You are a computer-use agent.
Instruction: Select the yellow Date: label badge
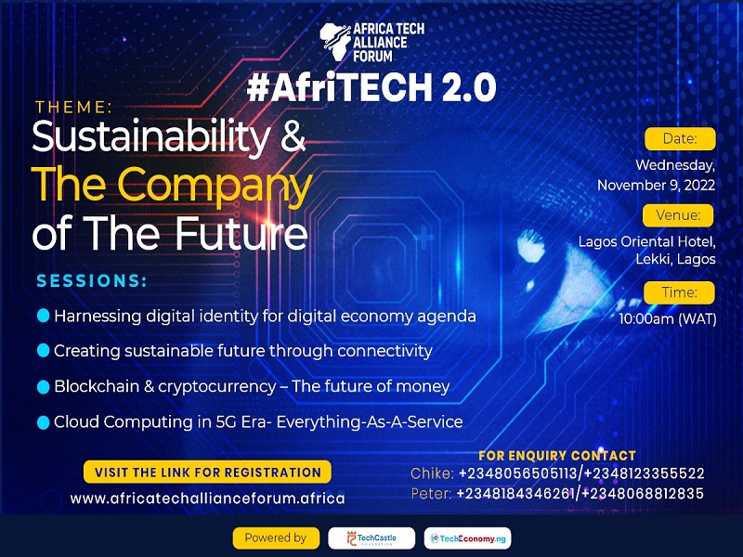point(680,139)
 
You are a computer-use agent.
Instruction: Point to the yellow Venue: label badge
point(680,216)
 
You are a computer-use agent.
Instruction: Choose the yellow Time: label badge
point(680,292)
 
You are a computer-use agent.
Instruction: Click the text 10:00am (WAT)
point(668,318)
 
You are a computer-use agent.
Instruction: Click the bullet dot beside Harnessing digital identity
point(43,316)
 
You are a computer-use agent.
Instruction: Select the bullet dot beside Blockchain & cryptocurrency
point(43,386)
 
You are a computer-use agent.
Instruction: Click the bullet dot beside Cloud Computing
point(43,421)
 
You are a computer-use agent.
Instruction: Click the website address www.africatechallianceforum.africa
point(208,498)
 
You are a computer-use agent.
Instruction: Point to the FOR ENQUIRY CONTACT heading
point(557,456)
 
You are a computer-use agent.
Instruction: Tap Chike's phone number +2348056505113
point(515,473)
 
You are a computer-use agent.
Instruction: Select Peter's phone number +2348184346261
point(514,493)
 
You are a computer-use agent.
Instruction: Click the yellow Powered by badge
point(275,538)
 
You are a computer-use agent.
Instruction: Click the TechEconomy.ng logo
point(467,538)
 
